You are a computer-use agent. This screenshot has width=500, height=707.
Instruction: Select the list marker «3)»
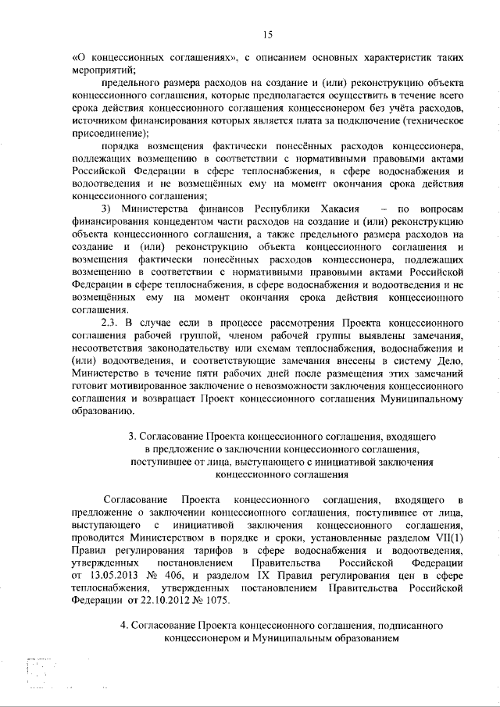[110, 209]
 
